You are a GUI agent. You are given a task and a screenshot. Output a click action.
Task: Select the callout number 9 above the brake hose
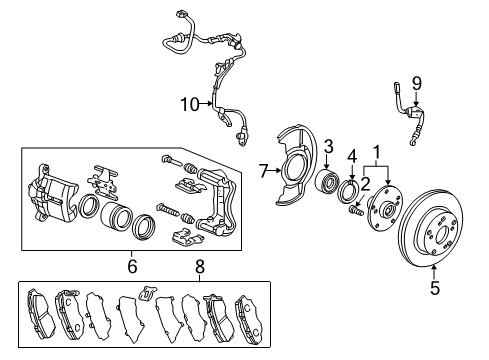[x=417, y=83]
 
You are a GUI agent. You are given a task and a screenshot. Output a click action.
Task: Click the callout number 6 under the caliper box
[x=131, y=267]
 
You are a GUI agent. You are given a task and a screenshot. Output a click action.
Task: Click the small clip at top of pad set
[x=147, y=294]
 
